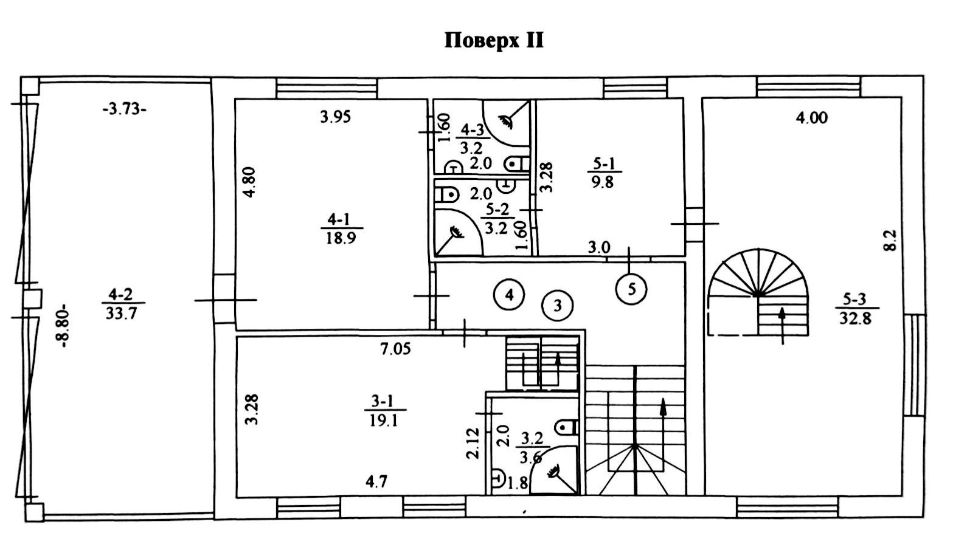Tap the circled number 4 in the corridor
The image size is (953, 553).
pyautogui.click(x=509, y=294)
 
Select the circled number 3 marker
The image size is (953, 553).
pyautogui.click(x=557, y=305)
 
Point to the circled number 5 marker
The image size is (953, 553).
pyautogui.click(x=631, y=289)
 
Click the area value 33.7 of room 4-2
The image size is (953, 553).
pyautogui.click(x=122, y=314)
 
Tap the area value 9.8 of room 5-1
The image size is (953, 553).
pyautogui.click(x=603, y=182)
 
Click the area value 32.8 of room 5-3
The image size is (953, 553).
pyautogui.click(x=855, y=318)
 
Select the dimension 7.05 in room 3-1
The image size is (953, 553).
pyautogui.click(x=396, y=349)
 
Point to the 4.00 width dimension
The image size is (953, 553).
pyautogui.click(x=812, y=118)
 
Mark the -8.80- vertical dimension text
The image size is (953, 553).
pyautogui.click(x=64, y=326)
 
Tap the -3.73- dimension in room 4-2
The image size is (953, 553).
pyautogui.click(x=124, y=109)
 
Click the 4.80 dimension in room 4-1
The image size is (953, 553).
pyautogui.click(x=249, y=182)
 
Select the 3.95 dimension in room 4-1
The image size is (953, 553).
pyautogui.click(x=335, y=117)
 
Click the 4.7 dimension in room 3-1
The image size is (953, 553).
pyautogui.click(x=376, y=482)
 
